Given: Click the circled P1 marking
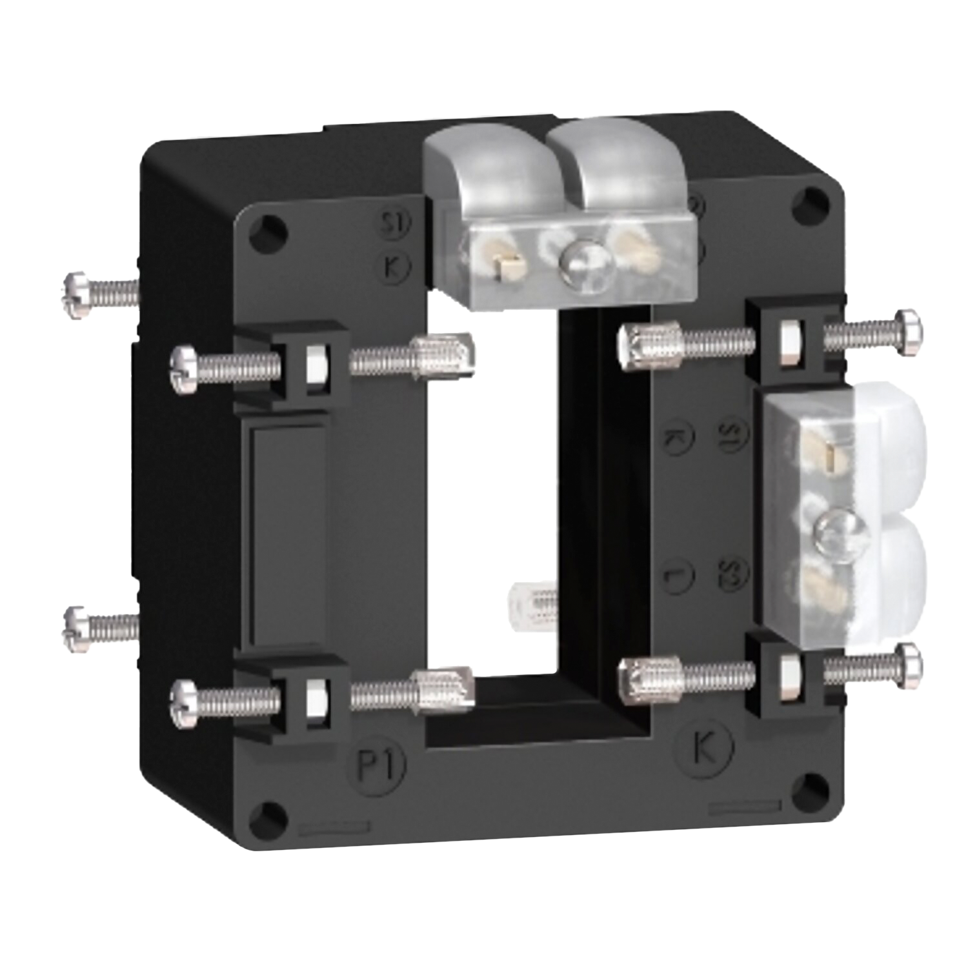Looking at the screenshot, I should pyautogui.click(x=380, y=765).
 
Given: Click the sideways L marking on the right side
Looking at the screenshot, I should pyautogui.click(x=678, y=571).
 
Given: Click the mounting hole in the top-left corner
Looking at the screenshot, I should pyautogui.click(x=272, y=227).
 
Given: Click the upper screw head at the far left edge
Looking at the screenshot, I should pyautogui.click(x=76, y=294).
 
